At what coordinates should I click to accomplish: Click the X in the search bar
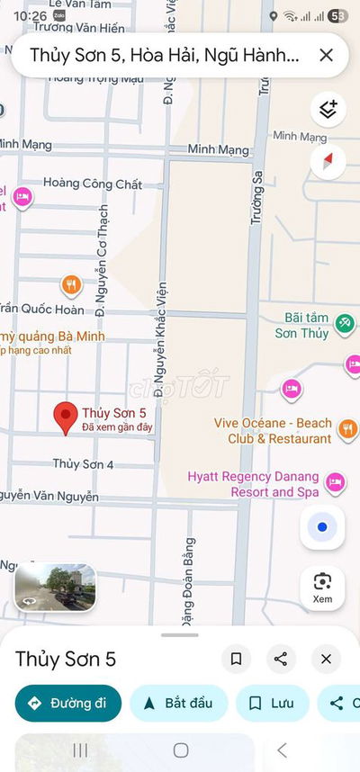coord(326,56)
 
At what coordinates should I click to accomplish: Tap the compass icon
coord(328,162)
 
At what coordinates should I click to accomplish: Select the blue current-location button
coord(323,526)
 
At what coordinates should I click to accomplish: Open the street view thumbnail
coord(55,588)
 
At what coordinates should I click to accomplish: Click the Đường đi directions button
coord(67,704)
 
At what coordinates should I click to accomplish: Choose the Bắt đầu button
coord(178,704)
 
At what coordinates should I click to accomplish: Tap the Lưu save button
coord(272,704)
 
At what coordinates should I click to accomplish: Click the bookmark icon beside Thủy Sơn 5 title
coord(236,659)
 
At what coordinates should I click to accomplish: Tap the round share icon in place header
coord(281,659)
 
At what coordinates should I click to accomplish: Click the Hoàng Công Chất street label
coord(93,184)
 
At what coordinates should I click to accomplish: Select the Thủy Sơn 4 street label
coord(83,464)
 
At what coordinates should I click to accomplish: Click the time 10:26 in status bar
coord(31,16)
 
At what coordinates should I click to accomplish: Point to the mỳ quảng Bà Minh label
coord(52,337)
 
